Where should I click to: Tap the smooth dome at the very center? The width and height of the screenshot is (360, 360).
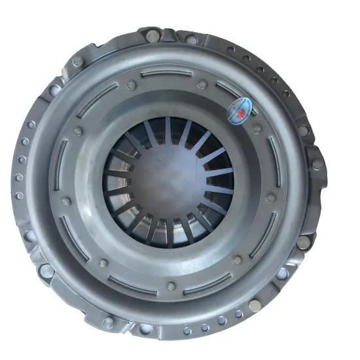pyautogui.click(x=168, y=183)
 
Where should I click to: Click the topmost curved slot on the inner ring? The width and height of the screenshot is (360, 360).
pyautogui.click(x=167, y=73)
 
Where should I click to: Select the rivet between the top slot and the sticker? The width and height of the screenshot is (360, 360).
pyautogui.click(x=202, y=84)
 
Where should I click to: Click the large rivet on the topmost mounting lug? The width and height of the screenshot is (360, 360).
pyautogui.click(x=153, y=36)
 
